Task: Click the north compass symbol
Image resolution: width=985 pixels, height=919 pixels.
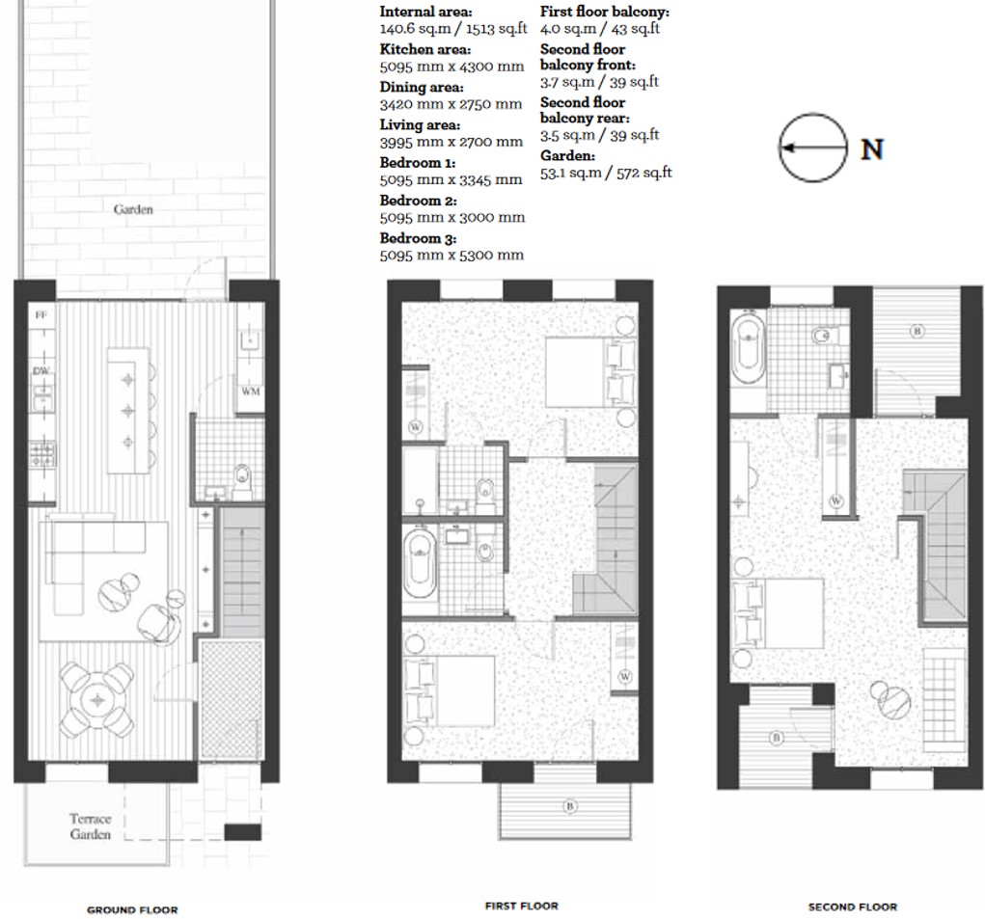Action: coord(812,149)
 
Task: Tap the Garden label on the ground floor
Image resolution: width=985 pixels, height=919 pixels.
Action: coord(133,209)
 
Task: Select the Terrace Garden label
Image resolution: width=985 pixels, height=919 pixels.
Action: coord(90,826)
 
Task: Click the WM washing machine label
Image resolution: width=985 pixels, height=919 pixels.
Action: coord(250,392)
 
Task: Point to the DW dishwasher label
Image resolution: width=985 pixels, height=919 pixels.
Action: coord(41,370)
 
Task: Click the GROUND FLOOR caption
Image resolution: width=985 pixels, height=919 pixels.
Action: coord(132,909)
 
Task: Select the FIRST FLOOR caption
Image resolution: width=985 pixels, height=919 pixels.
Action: coord(521,905)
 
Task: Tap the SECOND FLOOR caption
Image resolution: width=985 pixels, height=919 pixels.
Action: coord(852,906)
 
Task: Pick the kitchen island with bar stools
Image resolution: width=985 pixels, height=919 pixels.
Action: coord(128,410)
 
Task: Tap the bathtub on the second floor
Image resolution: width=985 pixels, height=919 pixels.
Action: coord(748,348)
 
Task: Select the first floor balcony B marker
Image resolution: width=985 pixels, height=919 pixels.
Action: coord(570,804)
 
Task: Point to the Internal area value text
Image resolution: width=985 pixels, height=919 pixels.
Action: coord(451,29)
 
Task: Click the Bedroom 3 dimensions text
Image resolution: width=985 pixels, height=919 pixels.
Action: coord(451,256)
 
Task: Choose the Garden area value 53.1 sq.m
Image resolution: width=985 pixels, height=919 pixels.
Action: coord(605,173)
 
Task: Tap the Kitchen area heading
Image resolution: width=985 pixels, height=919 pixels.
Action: coord(424,49)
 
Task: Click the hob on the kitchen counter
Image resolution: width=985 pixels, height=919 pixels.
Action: coord(43,453)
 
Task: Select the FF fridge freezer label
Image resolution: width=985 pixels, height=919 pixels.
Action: coord(41,315)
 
